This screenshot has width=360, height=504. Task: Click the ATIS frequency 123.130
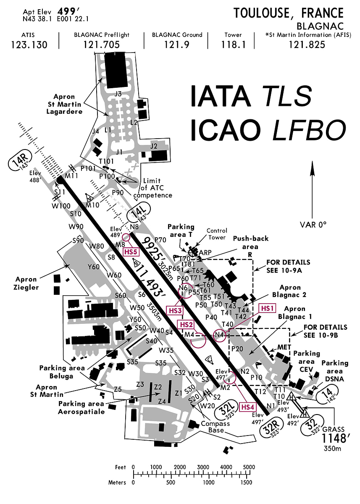click(x=29, y=45)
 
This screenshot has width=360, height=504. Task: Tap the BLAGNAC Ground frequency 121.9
click(x=177, y=45)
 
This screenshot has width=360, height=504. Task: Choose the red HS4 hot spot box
click(x=247, y=407)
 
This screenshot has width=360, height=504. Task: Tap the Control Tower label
click(x=217, y=234)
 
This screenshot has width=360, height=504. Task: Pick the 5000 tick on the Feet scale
click(x=249, y=467)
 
